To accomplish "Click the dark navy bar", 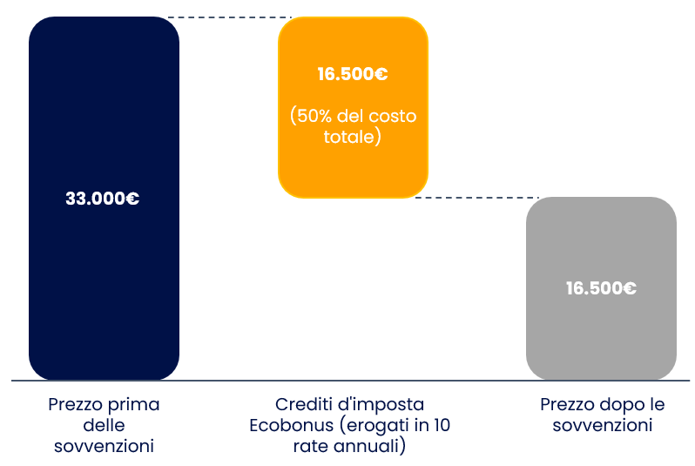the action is [105, 199].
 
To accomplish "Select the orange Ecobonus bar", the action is [353, 107].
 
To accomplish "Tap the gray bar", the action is [601, 288].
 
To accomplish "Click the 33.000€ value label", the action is [103, 199].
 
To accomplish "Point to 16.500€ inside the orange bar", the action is [353, 74].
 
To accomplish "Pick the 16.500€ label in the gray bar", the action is [601, 288].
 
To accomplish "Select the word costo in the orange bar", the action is [393, 117].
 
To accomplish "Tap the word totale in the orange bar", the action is [349, 137].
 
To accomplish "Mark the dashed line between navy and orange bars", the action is [230, 17].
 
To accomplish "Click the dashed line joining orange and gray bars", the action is [477, 198].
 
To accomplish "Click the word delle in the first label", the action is [105, 425].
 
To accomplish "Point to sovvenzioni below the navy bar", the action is [105, 446].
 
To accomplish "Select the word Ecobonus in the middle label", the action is [291, 425].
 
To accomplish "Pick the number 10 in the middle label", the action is [442, 425].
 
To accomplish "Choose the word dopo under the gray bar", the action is [620, 404].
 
